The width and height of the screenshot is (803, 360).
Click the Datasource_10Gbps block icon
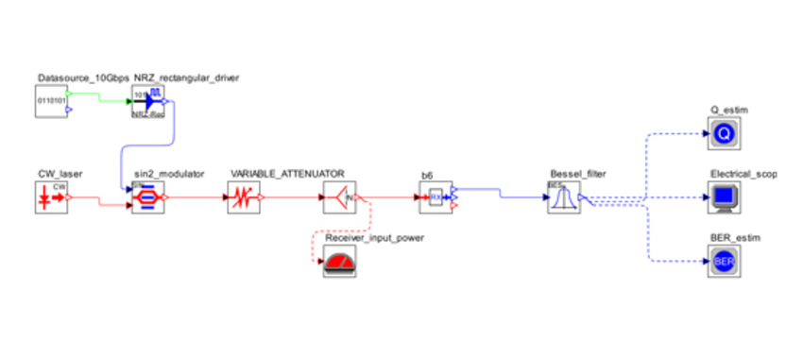point(52,101)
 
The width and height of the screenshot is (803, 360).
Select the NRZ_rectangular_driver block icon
point(148,101)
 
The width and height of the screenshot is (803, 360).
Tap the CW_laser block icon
point(52,198)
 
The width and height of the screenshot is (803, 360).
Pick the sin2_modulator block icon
point(148,198)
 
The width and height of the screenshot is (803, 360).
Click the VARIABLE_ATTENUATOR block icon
point(244,198)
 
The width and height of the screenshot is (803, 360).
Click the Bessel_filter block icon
point(564,198)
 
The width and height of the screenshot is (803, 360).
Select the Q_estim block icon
point(725,135)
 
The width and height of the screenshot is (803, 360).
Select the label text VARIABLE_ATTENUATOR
point(286,175)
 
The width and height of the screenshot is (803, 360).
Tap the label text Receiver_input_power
point(373,238)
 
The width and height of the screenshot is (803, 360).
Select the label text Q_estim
point(728,111)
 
